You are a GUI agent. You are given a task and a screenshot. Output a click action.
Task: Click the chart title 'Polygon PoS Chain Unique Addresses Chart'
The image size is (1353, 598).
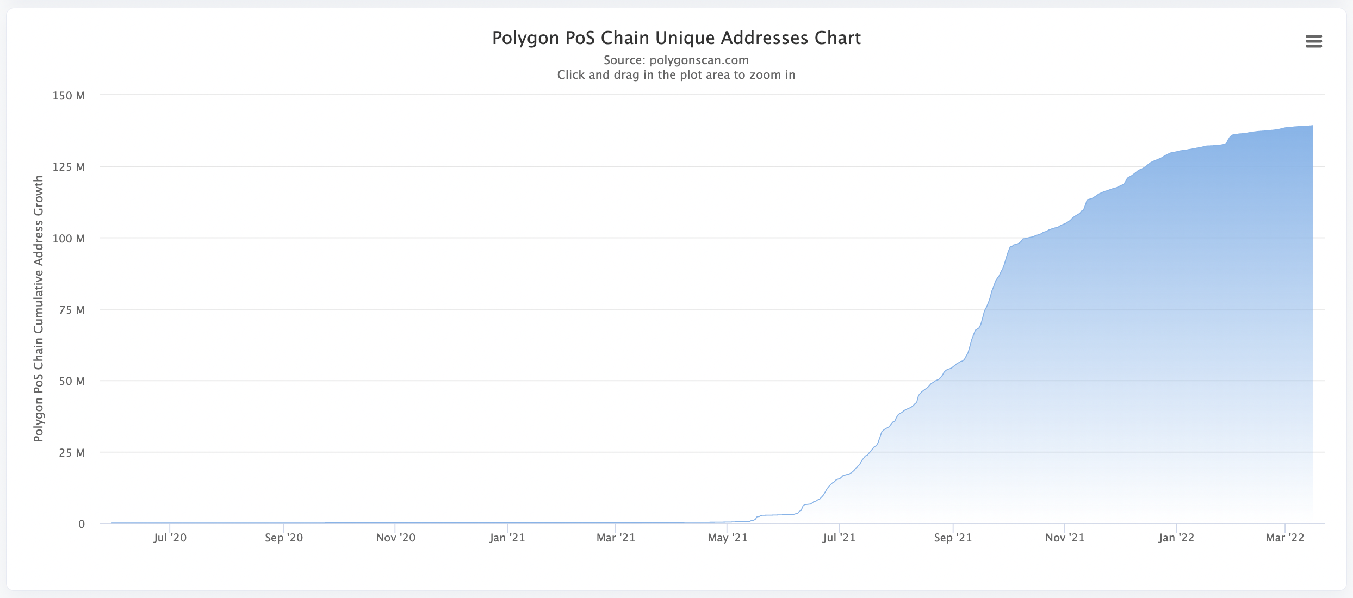point(676,38)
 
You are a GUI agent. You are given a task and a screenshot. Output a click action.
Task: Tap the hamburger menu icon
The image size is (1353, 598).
point(1313,41)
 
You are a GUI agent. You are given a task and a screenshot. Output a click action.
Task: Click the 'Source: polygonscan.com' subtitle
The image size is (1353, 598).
point(676,60)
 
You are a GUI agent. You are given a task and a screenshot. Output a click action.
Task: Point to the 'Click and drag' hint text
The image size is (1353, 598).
point(676,74)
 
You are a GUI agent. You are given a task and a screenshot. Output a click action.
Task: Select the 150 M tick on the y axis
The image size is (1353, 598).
point(69,96)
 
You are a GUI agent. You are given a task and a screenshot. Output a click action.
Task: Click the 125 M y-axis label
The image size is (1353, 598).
point(69,167)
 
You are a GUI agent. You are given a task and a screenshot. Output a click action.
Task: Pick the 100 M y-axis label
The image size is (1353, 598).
point(69,239)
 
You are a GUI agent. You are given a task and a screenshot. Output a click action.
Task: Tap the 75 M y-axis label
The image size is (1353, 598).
point(72,310)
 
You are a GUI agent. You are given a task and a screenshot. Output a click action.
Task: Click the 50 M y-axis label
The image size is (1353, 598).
point(72,381)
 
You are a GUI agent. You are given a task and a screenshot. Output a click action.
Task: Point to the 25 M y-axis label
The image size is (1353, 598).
point(72,453)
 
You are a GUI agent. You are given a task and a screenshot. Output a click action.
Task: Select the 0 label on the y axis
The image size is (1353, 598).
point(82,524)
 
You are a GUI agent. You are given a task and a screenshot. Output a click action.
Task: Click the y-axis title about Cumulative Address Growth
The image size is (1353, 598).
point(38,308)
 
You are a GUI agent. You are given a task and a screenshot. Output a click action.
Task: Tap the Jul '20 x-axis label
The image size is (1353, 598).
point(170,538)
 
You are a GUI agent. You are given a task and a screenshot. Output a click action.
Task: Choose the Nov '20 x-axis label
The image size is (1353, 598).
point(395,538)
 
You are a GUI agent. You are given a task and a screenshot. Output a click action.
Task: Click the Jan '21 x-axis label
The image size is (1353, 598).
point(507,538)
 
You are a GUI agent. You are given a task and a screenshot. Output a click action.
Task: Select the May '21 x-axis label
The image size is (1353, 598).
point(727,538)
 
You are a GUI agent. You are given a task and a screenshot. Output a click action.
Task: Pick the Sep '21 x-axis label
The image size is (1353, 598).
point(953,538)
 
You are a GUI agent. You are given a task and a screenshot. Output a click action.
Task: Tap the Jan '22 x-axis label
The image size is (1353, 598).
point(1176,538)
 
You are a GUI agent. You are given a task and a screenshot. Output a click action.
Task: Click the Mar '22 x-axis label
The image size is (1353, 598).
point(1285,538)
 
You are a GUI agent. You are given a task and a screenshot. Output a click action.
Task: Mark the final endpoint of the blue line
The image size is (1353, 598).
point(1312,126)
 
